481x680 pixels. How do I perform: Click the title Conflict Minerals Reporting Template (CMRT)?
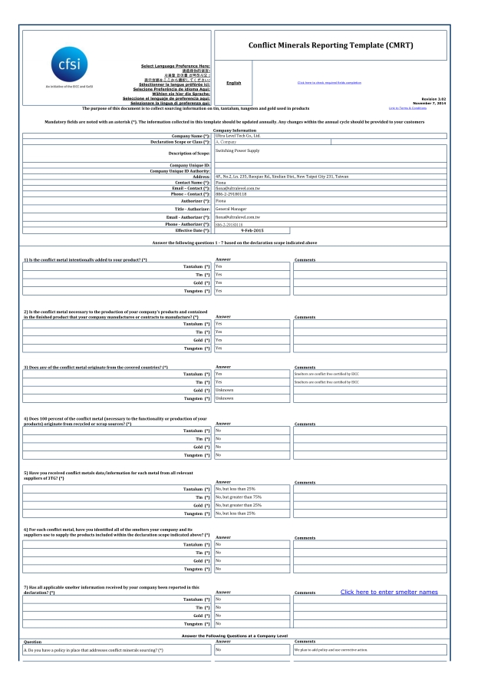(x=341, y=45)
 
